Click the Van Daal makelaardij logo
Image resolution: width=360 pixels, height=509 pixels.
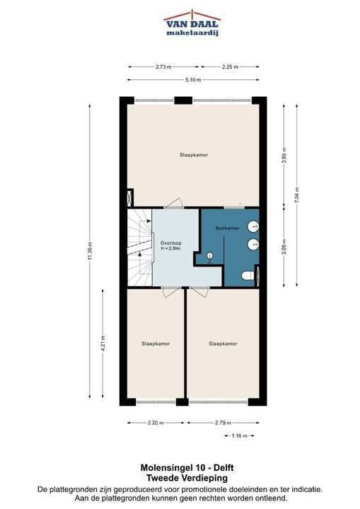[x=192, y=23]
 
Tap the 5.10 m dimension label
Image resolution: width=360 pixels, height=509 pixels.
[x=193, y=80]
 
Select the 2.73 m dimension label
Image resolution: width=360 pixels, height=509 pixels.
[x=163, y=67]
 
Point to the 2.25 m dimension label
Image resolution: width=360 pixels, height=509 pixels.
[x=230, y=67]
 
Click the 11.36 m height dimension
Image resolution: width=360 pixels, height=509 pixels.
[x=91, y=250]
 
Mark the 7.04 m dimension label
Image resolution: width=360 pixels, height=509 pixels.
[x=296, y=195]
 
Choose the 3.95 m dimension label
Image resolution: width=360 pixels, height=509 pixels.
[x=284, y=156]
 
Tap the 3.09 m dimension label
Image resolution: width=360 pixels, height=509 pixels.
[x=284, y=247]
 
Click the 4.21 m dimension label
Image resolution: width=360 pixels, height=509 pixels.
[x=103, y=344]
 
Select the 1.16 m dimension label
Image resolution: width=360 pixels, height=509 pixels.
[x=240, y=435]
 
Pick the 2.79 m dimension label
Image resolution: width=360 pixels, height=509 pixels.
[x=223, y=423]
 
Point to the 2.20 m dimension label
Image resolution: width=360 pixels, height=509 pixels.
[x=156, y=423]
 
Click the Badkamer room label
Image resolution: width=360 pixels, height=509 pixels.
[x=228, y=228]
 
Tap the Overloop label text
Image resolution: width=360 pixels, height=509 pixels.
[x=171, y=242]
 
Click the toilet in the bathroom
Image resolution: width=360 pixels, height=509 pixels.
[x=248, y=276]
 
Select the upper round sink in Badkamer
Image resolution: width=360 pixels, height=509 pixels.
[x=253, y=226]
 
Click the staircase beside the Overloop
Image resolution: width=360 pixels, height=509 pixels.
[x=140, y=247]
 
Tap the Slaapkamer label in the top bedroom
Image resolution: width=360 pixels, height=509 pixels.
[x=194, y=155]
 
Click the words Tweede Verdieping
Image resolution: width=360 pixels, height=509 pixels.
[x=187, y=478]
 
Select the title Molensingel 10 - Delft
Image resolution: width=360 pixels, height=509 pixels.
[x=187, y=468]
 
